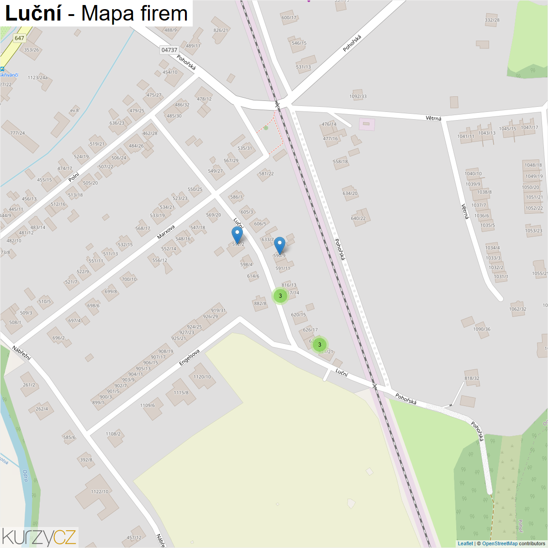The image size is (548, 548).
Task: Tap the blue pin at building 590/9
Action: pyautogui.click(x=279, y=245)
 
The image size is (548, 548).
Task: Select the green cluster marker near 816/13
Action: pyautogui.click(x=280, y=296)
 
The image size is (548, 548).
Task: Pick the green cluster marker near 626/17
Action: pyautogui.click(x=320, y=345)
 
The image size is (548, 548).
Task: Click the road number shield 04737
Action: pyautogui.click(x=169, y=50)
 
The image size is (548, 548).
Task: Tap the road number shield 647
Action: pyautogui.click(x=19, y=38)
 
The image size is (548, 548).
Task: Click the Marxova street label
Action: pyautogui.click(x=166, y=232)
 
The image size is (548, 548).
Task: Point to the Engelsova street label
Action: pyautogui.click(x=189, y=358)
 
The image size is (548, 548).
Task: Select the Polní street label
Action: pyautogui.click(x=74, y=177)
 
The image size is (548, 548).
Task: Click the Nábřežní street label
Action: pyautogui.click(x=21, y=353)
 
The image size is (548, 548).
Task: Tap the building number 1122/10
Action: pyautogui.click(x=100, y=492)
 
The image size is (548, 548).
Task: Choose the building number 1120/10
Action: pyautogui.click(x=202, y=377)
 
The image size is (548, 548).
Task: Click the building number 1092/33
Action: pyautogui.click(x=358, y=96)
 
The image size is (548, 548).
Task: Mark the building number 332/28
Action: pyautogui.click(x=492, y=20)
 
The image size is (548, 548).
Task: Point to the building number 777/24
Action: pyautogui.click(x=17, y=133)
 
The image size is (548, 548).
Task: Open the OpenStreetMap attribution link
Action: pyautogui.click(x=500, y=543)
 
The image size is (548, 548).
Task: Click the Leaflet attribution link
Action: pyautogui.click(x=465, y=543)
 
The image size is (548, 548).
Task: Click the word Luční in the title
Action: pyautogui.click(x=33, y=14)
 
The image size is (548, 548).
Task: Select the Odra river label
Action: pyautogui.click(x=25, y=476)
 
